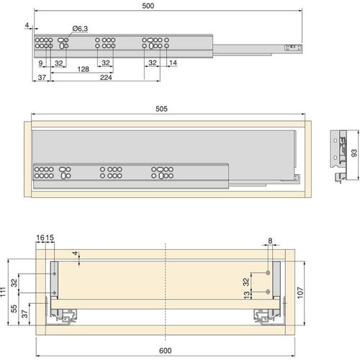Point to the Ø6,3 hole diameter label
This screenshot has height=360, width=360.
81,28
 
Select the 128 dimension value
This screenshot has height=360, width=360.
84,70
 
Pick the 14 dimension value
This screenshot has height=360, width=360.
173,63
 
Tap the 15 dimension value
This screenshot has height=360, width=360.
50,237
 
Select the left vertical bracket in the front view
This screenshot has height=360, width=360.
53,277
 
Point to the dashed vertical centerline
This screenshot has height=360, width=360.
166,288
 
